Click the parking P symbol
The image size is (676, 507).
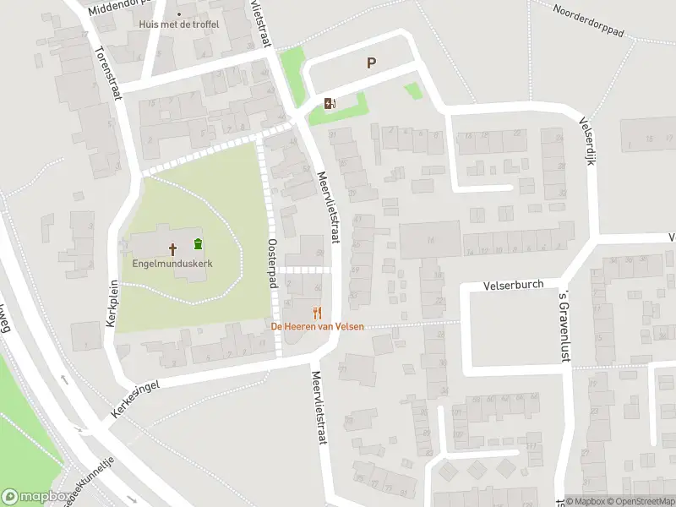(x=371, y=63)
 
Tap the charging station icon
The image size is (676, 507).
(x=330, y=103)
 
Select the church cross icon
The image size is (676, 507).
(x=173, y=249)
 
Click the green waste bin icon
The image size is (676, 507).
(x=198, y=245)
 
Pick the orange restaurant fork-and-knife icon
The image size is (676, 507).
(x=318, y=313)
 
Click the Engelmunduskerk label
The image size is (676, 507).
(x=172, y=264)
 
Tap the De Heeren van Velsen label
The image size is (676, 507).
(x=316, y=326)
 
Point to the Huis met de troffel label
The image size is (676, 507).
(x=179, y=25)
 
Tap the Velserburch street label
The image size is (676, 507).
(x=513, y=286)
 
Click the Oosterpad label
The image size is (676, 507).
(x=273, y=262)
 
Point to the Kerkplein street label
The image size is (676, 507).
(x=112, y=312)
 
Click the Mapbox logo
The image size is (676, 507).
(x=35, y=496)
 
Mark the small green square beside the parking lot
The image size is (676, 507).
(x=412, y=90)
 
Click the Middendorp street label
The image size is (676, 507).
(x=117, y=7)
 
